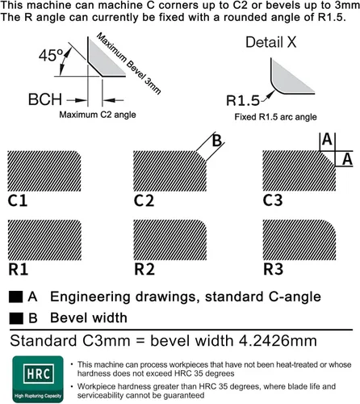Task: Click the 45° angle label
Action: tap(51, 55)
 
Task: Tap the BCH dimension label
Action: tap(45, 99)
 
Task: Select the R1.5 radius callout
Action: tap(243, 100)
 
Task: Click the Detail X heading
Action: tap(271, 42)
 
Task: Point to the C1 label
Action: tap(18, 200)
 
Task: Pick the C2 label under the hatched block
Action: tap(144, 200)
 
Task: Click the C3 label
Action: tap(273, 200)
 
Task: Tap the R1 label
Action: tap(18, 269)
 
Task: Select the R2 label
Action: tap(144, 269)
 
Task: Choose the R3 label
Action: tap(273, 269)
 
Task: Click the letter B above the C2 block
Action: tap(217, 141)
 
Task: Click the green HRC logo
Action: tap(38, 379)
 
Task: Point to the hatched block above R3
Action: tap(299, 240)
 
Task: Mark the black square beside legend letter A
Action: tap(15, 297)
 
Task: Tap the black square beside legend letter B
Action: tap(16, 318)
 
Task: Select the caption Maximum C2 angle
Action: tap(98, 115)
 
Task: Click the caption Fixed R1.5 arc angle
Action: tap(275, 117)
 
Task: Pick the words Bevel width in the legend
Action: tap(89, 318)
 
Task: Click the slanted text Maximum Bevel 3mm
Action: tap(129, 63)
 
